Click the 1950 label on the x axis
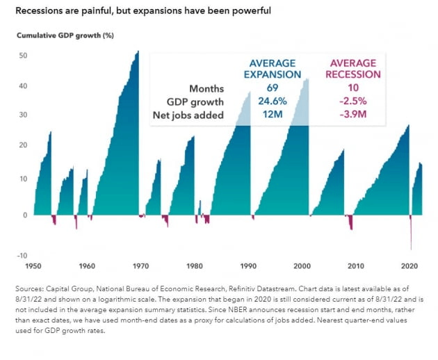coord(33,265)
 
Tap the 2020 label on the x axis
coord(410,265)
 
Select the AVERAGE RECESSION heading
coord(355,69)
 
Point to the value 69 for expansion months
coord(273,88)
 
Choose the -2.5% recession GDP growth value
coord(355,101)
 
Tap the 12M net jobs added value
coord(273,115)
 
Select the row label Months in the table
coord(206,88)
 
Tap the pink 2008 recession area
coord(351,224)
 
